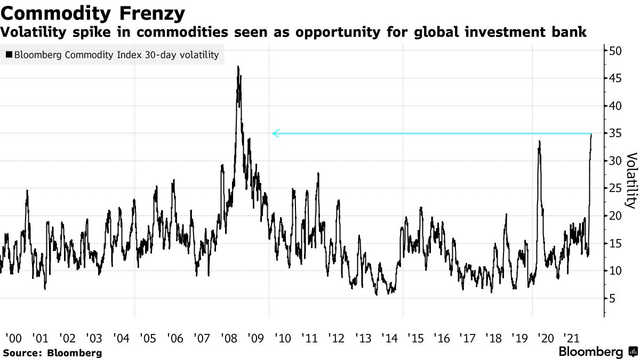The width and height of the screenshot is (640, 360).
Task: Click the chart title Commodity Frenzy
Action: [93, 12]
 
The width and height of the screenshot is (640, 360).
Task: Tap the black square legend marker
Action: [9, 55]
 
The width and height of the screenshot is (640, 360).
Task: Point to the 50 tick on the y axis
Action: [615, 51]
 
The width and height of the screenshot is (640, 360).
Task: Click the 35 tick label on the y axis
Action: [615, 133]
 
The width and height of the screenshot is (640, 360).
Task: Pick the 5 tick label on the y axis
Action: [612, 299]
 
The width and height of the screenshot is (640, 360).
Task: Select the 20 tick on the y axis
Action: [615, 216]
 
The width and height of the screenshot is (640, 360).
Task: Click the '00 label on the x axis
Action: [13, 338]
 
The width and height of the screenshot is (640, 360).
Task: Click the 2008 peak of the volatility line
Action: [238, 67]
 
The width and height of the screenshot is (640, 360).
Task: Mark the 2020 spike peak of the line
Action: [540, 141]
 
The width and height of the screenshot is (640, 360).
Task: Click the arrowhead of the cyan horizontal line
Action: [275, 133]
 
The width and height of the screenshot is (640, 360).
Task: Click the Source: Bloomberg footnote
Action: [52, 353]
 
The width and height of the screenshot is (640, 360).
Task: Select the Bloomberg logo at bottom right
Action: [590, 352]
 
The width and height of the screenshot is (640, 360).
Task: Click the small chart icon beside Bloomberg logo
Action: [633, 352]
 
